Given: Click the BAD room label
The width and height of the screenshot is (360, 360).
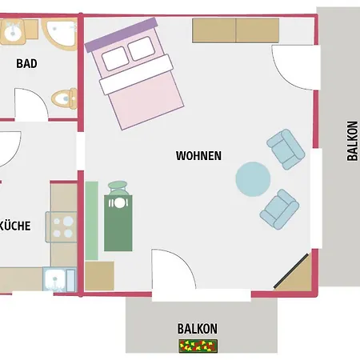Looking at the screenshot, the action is pos(26,63).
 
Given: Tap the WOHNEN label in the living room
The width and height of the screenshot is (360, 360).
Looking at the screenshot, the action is pos(198,156).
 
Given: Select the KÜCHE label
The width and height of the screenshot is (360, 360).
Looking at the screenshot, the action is pos(15,226).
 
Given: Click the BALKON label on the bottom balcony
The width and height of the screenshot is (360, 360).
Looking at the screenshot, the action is pos(198,329).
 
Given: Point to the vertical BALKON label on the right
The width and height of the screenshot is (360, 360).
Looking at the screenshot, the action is pos(352,141).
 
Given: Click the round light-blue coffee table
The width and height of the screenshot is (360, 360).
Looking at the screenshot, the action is pos(253,179).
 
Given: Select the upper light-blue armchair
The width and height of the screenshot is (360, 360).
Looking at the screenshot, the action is pos(286,150).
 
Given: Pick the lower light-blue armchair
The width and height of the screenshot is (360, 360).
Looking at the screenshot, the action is pos(280,210).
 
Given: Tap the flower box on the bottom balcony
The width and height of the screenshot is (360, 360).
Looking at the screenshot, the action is pos(198,346).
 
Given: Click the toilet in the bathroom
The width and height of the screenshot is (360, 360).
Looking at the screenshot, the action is pos(65,98).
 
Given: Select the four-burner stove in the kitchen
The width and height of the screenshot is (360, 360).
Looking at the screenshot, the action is pos(62,227).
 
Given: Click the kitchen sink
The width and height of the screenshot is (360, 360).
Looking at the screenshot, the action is pos(59,279).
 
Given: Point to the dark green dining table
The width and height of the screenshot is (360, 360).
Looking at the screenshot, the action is pos(118,223).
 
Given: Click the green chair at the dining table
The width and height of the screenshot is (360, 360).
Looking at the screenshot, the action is pos(118,188).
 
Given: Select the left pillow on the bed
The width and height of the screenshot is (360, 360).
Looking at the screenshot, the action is pos(115,58).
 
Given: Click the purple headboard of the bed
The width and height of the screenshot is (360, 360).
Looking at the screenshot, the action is pos(121,34).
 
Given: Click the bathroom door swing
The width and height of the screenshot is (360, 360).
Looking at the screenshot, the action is pos(31,105).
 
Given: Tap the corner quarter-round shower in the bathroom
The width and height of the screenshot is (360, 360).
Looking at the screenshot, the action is pos(60,34).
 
